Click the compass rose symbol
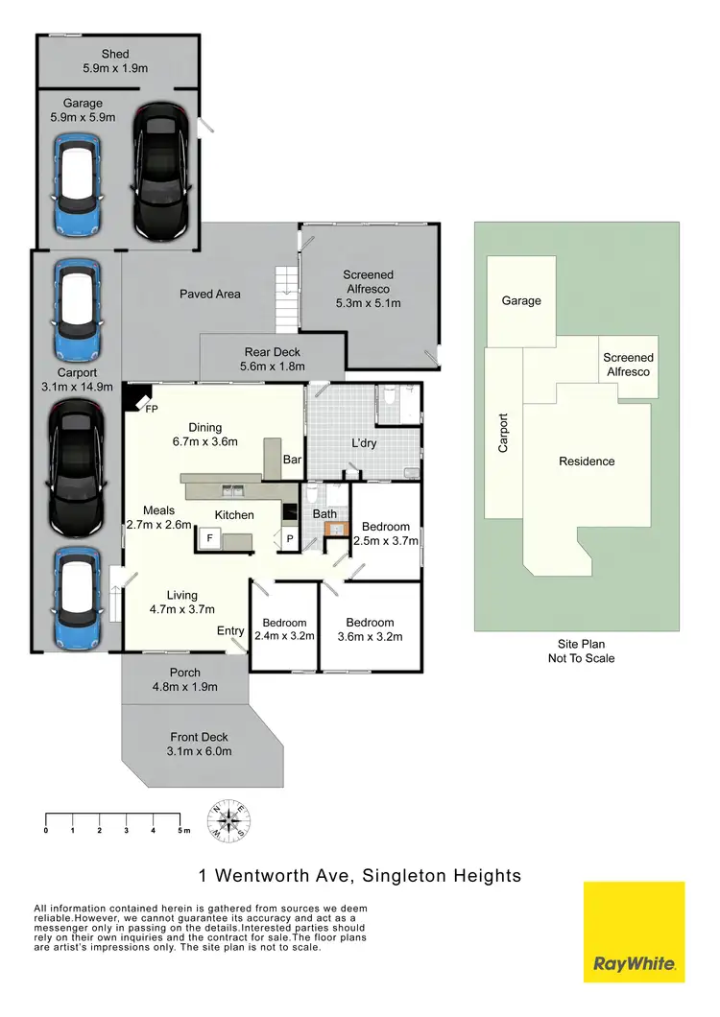pyautogui.click(x=229, y=821)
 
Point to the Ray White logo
pyautogui.click(x=635, y=933)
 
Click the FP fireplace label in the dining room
pyautogui.click(x=151, y=409)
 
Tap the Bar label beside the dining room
pyautogui.click(x=293, y=461)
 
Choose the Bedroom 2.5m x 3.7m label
pyautogui.click(x=385, y=533)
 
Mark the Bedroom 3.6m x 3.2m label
pyautogui.click(x=370, y=628)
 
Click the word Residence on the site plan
pyautogui.click(x=587, y=461)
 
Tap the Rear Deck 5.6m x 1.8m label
pyautogui.click(x=272, y=359)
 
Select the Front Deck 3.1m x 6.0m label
pyautogui.click(x=200, y=744)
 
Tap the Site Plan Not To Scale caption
pyautogui.click(x=581, y=651)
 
